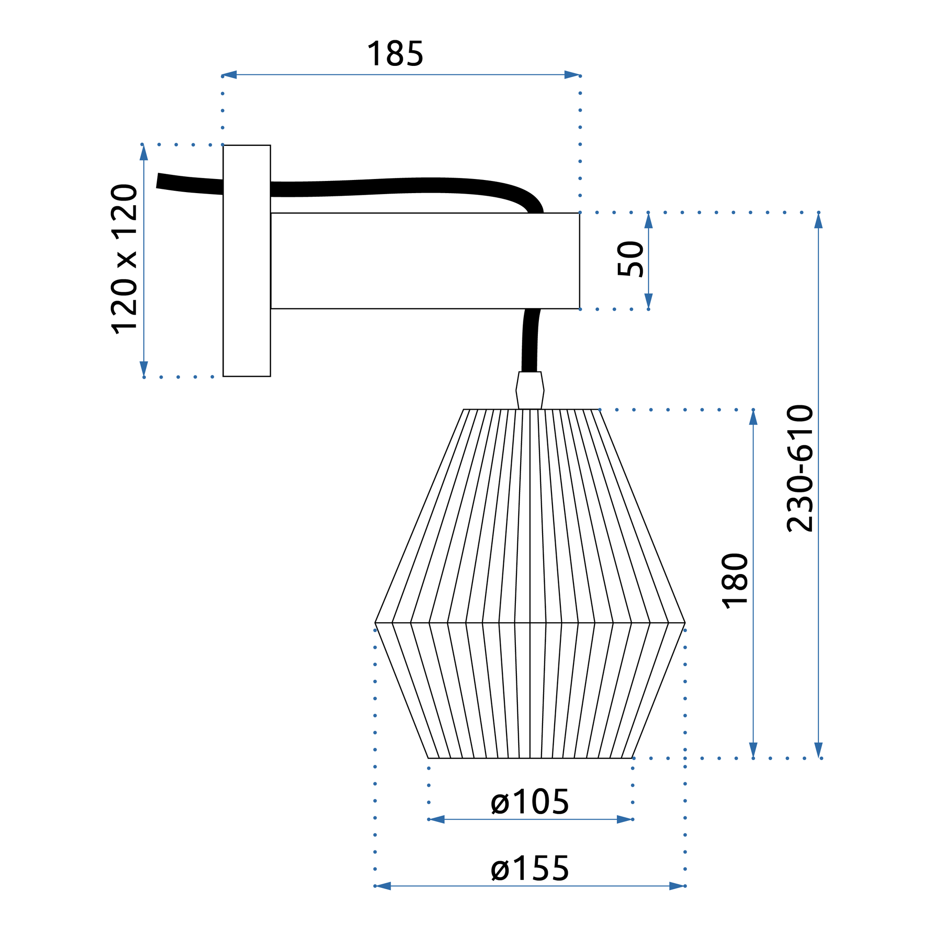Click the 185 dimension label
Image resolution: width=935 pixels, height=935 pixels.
[395, 54]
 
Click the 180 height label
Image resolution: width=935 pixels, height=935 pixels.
[734, 580]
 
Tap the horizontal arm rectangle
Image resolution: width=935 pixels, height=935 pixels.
[425, 260]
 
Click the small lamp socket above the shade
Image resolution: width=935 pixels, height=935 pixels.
[530, 390]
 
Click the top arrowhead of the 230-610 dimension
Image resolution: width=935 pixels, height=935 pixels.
[819, 221]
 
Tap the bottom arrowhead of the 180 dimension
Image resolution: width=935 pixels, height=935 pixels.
[753, 750]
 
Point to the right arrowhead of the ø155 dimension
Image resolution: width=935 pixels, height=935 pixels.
[676, 886]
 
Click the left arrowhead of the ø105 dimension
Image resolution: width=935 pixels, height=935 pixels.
[436, 820]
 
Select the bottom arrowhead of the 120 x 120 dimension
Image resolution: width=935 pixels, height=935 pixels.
[144, 368]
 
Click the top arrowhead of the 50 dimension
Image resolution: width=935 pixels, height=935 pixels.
[648, 221]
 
